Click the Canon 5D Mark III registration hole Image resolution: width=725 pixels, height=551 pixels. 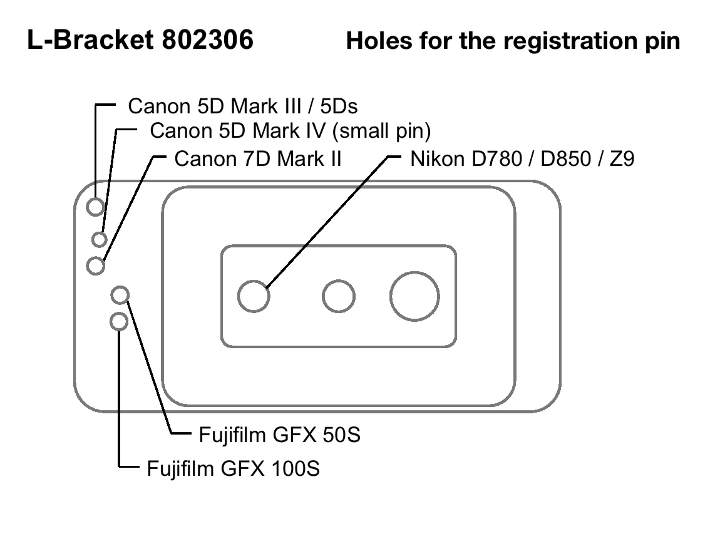pyautogui.click(x=96, y=206)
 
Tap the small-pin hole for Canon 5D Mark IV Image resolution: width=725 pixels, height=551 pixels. pyautogui.click(x=100, y=239)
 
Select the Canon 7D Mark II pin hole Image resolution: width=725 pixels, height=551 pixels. pyautogui.click(x=95, y=265)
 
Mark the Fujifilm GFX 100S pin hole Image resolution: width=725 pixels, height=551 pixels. pyautogui.click(x=118, y=322)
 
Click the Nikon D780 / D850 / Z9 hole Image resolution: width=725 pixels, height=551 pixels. pyautogui.click(x=254, y=296)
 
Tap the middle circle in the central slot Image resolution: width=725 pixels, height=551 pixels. pyautogui.click(x=339, y=296)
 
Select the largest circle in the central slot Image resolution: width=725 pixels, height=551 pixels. pyautogui.click(x=414, y=296)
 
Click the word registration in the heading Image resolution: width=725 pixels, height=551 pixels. pyautogui.click(x=557, y=41)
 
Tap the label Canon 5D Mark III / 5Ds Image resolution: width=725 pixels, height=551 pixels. pyautogui.click(x=242, y=106)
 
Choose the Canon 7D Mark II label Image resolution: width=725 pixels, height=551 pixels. pyautogui.click(x=257, y=158)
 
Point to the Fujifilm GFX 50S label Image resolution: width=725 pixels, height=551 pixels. pyautogui.click(x=279, y=435)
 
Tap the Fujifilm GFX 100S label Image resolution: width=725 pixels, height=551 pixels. pyautogui.click(x=233, y=468)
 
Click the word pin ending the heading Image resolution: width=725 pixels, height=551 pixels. pyautogui.click(x=662, y=41)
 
